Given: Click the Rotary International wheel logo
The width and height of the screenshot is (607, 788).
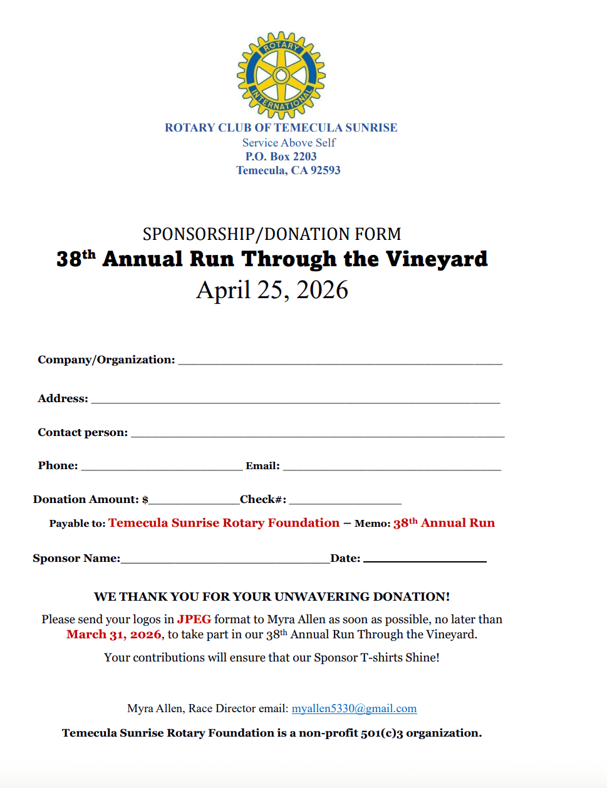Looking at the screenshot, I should pyautogui.click(x=281, y=75).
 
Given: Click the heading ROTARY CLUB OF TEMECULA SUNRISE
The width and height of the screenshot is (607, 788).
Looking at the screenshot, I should pyautogui.click(x=281, y=128).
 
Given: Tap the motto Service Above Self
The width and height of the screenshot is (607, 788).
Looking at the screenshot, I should pyautogui.click(x=289, y=143).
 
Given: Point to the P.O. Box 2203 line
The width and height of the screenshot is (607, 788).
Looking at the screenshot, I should pyautogui.click(x=281, y=157).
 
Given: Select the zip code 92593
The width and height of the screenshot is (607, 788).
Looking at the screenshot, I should pyautogui.click(x=326, y=170).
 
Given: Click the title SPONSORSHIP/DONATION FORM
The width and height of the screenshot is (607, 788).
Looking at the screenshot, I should pyautogui.click(x=272, y=234).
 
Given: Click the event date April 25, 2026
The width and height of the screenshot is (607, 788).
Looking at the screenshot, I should pyautogui.click(x=272, y=290).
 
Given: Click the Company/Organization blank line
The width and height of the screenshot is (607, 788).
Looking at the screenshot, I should pyautogui.click(x=340, y=361).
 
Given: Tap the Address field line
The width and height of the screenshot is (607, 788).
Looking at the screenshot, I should pyautogui.click(x=296, y=400).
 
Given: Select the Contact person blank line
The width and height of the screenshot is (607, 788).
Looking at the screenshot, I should pyautogui.click(x=318, y=434).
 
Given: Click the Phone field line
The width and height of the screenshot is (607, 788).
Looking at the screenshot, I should pyautogui.click(x=162, y=467).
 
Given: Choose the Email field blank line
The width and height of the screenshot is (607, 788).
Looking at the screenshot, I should pyautogui.click(x=392, y=467).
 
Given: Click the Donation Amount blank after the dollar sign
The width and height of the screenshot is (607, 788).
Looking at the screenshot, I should pyautogui.click(x=194, y=501).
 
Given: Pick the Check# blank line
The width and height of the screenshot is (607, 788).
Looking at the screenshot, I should pyautogui.click(x=345, y=501).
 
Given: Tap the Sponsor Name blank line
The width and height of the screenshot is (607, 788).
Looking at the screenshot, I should pyautogui.click(x=226, y=560).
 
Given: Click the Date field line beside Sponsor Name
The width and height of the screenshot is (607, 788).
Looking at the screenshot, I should pyautogui.click(x=425, y=560).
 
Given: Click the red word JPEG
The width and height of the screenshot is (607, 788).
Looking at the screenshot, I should pyautogui.click(x=194, y=620).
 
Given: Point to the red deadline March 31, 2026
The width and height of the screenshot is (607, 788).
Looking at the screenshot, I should pyautogui.click(x=114, y=635).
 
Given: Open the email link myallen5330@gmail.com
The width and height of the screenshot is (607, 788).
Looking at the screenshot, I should pyautogui.click(x=354, y=708).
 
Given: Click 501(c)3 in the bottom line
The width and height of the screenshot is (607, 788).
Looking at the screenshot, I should pyautogui.click(x=381, y=733).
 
